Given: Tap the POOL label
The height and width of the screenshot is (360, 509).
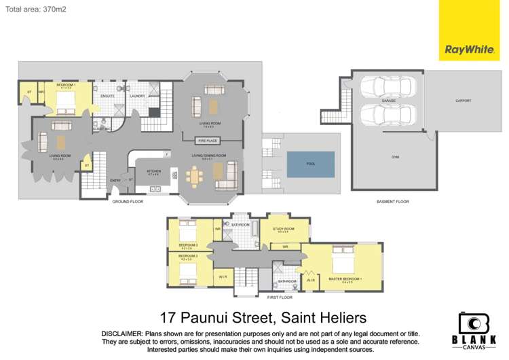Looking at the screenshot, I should pyautogui.click(x=310, y=163).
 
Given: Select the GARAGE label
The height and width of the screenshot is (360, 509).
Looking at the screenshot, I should pyautogui.click(x=388, y=101).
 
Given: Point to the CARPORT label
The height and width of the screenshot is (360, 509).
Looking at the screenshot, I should pyautogui.click(x=464, y=101).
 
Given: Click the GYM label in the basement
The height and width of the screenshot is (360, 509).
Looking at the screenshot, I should pyautogui.click(x=394, y=156).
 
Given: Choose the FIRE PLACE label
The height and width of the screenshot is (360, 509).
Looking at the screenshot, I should pyautogui.click(x=206, y=140).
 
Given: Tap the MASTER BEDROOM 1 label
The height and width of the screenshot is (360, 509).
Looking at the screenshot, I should pyautogui.click(x=345, y=279).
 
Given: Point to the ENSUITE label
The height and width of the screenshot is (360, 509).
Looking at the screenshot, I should pyautogui.click(x=107, y=96).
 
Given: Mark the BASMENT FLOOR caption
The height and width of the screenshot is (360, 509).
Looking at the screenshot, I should pyautogui.click(x=392, y=202).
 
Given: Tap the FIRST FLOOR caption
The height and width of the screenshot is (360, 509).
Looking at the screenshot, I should pyautogui.click(x=280, y=297).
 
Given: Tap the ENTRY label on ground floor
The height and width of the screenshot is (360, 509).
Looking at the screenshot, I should pyautogui.click(x=115, y=180).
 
